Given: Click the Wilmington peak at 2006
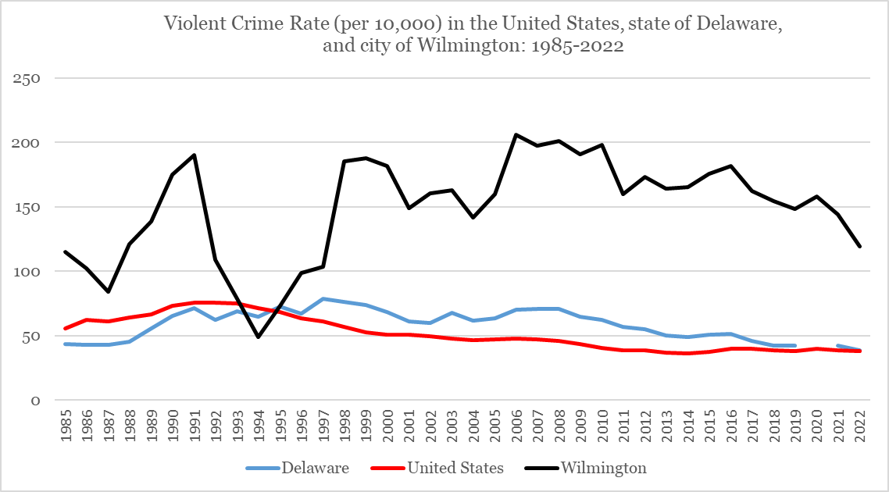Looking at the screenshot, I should pos(516,134).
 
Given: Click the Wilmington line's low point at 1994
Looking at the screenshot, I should pos(258,337).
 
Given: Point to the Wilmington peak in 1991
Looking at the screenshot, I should pos(194,155).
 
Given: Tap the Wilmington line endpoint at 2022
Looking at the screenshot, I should pos(860,247).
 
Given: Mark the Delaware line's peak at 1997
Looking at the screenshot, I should pos(323,298).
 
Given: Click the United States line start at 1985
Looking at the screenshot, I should pos(66,329).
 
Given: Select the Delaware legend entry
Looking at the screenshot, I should pos(297,468).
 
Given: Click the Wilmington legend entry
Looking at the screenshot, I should pos(602,468).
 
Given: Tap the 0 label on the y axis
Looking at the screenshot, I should pos(35,401).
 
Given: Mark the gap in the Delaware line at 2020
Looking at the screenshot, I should pos(816,345).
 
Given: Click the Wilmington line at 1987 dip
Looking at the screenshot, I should pos(108,291).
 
